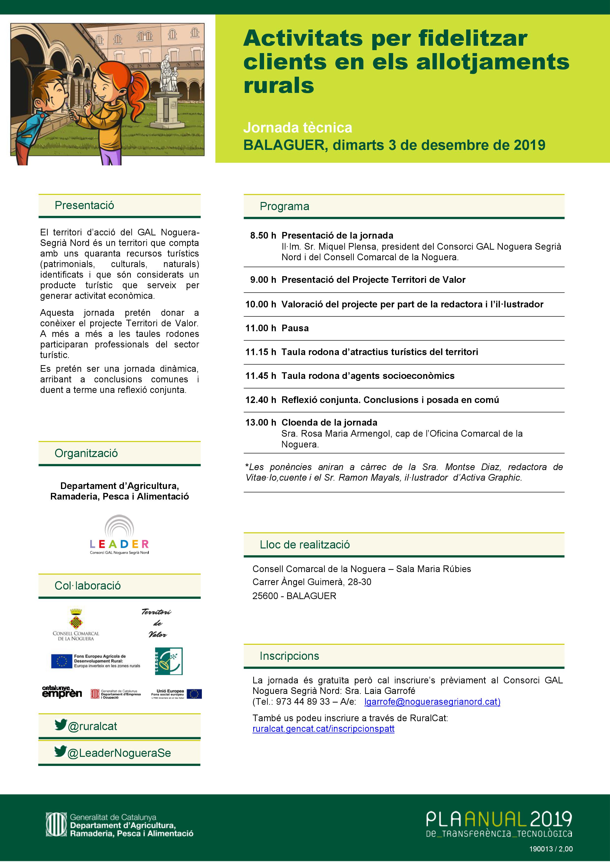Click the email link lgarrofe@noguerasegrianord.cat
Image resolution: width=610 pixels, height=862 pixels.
click(432, 702)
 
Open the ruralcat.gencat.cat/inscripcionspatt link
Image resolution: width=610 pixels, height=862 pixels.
click(323, 729)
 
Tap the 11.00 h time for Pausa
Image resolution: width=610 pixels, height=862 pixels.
click(261, 328)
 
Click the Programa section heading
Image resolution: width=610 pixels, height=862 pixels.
click(284, 206)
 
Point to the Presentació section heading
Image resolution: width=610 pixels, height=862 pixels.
click(84, 205)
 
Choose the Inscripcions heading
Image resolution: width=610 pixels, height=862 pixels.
click(289, 656)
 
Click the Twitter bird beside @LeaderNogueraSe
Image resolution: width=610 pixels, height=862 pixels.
click(60, 751)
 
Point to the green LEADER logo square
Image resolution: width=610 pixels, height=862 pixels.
click(169, 661)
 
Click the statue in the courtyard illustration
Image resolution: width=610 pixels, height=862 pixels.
click(168, 75)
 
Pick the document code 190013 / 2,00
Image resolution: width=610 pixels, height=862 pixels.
click(551, 849)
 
